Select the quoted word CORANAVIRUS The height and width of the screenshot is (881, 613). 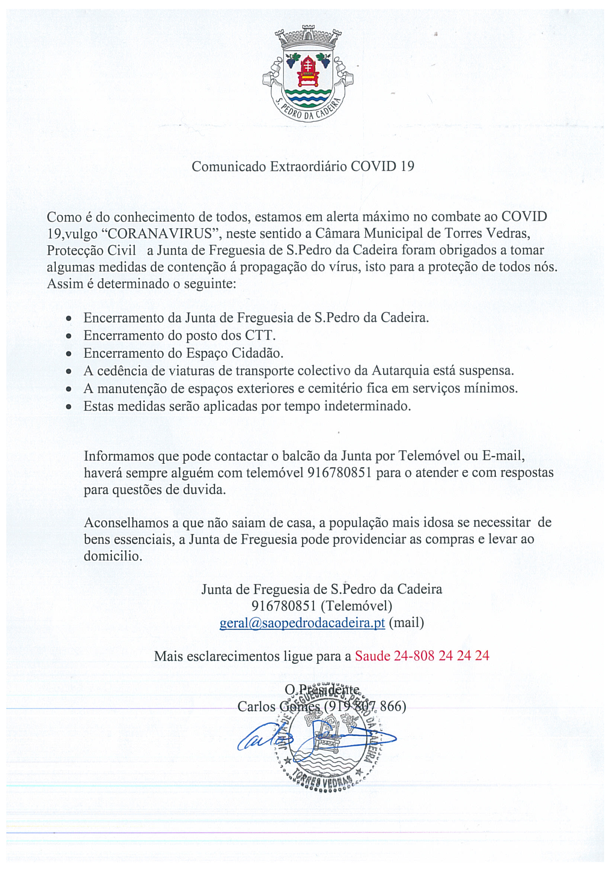pyautogui.click(x=159, y=234)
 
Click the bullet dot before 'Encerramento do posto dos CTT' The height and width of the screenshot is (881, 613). pyautogui.click(x=69, y=336)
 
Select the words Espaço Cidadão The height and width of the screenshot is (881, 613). pyautogui.click(x=235, y=353)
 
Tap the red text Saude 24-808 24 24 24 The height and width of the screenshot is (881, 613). pyautogui.click(x=422, y=656)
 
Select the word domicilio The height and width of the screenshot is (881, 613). pyautogui.click(x=113, y=556)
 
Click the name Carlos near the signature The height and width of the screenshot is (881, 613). pyautogui.click(x=256, y=707)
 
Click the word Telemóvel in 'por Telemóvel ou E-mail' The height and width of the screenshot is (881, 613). pyautogui.click(x=429, y=455)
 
